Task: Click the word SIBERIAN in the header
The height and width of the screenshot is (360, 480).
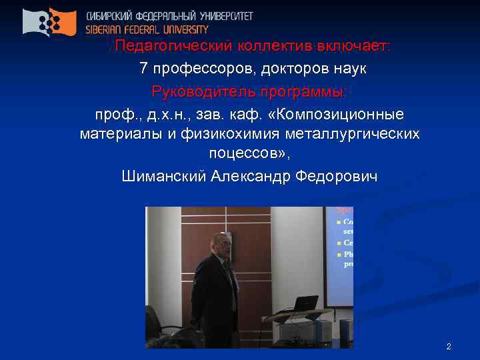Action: [x=107, y=29]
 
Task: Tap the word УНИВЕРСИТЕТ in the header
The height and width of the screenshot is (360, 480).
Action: [x=223, y=15]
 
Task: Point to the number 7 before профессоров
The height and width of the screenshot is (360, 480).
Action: [x=143, y=69]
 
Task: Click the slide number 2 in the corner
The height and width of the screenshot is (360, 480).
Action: [x=449, y=347]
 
